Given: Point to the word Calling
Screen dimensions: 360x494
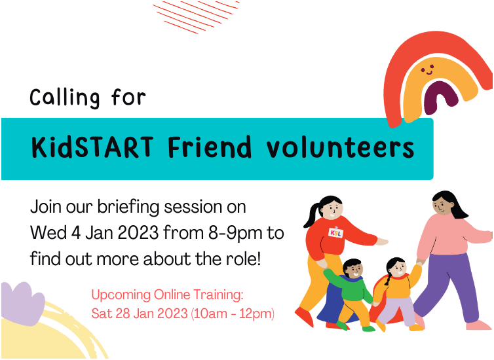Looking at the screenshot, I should [64, 98].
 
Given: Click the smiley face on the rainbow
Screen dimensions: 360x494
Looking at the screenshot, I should [427, 69].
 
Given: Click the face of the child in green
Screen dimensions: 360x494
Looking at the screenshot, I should [353, 270].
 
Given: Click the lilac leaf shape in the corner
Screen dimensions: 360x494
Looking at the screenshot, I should [22, 302].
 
